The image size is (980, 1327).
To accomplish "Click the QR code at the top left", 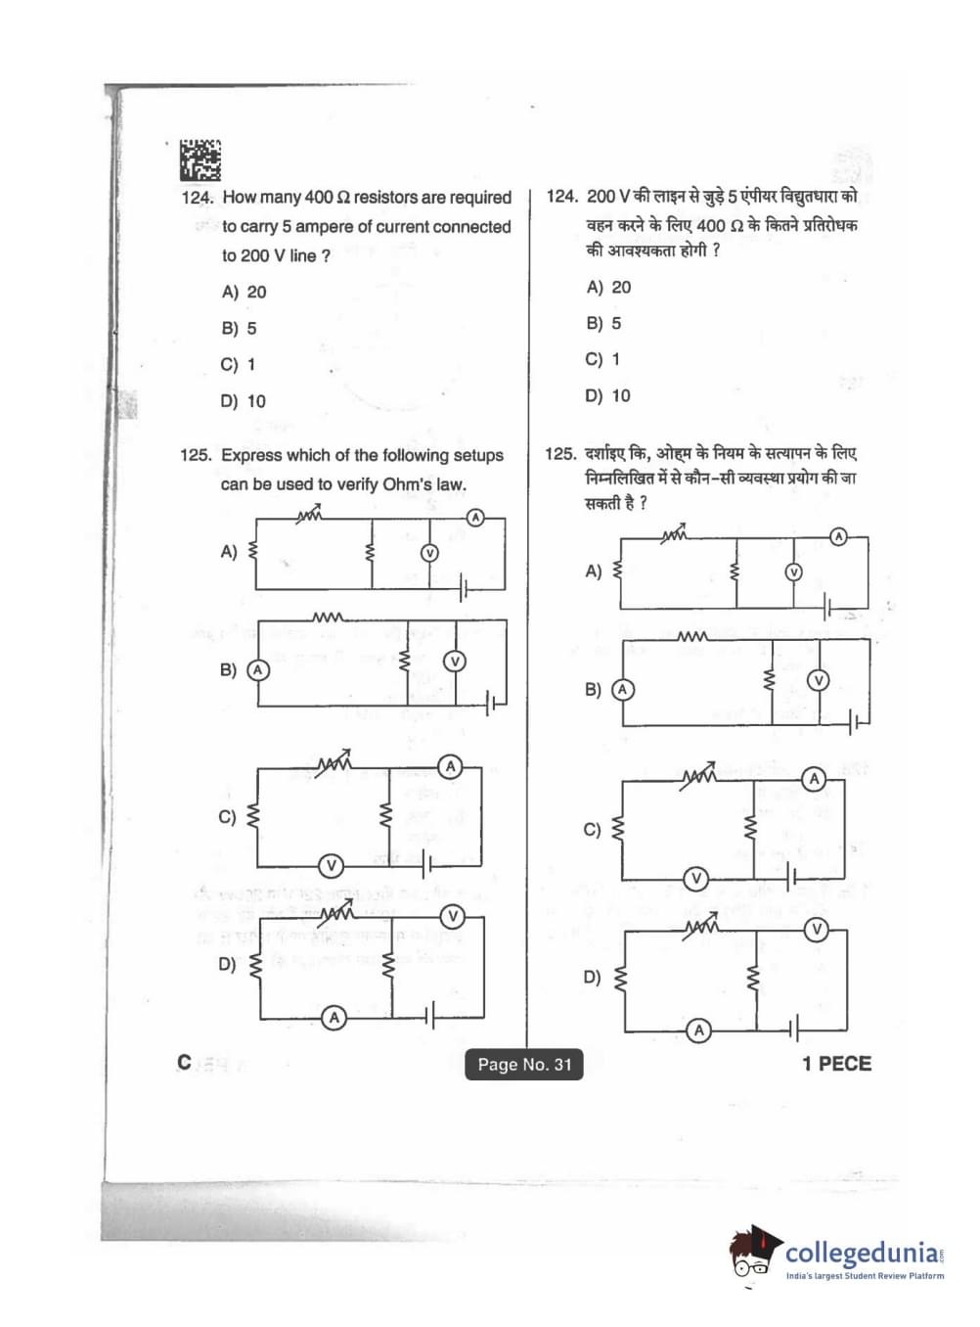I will (x=200, y=160).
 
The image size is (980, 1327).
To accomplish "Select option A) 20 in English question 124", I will (x=244, y=292).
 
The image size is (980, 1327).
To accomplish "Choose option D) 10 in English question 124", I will (x=244, y=401).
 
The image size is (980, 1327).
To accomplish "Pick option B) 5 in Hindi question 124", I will (x=603, y=323).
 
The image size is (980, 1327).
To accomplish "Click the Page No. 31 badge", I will (x=524, y=1065).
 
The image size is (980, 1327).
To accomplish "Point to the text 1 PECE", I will (x=836, y=1064).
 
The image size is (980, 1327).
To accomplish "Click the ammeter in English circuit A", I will (x=475, y=517).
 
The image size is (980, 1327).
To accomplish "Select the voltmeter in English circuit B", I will (x=454, y=662).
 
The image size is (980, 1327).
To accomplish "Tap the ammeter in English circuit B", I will (x=257, y=670).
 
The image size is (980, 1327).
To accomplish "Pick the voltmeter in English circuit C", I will (x=332, y=865).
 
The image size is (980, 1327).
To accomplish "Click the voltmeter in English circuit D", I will (x=452, y=917).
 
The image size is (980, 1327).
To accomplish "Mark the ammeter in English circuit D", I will (x=334, y=1018).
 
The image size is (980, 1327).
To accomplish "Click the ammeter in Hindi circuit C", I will (x=814, y=779).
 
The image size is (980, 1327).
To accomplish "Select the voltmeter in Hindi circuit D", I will (x=817, y=929).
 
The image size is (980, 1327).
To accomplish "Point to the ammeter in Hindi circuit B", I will (x=622, y=690).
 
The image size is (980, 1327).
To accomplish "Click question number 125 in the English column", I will (x=196, y=455).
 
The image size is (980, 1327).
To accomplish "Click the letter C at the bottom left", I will (x=185, y=1063).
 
